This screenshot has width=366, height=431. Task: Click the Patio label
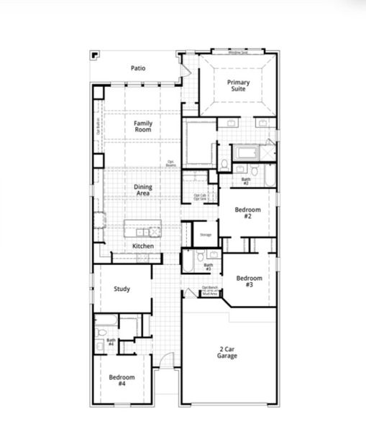(138, 68)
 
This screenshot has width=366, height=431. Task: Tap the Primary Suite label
(239, 85)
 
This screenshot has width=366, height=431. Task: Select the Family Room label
(143, 126)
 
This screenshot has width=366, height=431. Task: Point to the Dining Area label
(143, 190)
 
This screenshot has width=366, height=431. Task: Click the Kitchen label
(143, 246)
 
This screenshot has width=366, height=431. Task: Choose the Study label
(122, 289)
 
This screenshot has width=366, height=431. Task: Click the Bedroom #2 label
(247, 213)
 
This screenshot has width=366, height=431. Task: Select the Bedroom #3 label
(249, 281)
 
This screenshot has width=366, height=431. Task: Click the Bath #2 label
(245, 181)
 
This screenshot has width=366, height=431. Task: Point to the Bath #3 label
(208, 267)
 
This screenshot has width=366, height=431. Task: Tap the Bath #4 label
(111, 342)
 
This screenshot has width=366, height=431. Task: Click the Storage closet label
(205, 235)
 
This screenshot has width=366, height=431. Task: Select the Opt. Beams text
(171, 163)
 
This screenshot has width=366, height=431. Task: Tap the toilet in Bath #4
(101, 333)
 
